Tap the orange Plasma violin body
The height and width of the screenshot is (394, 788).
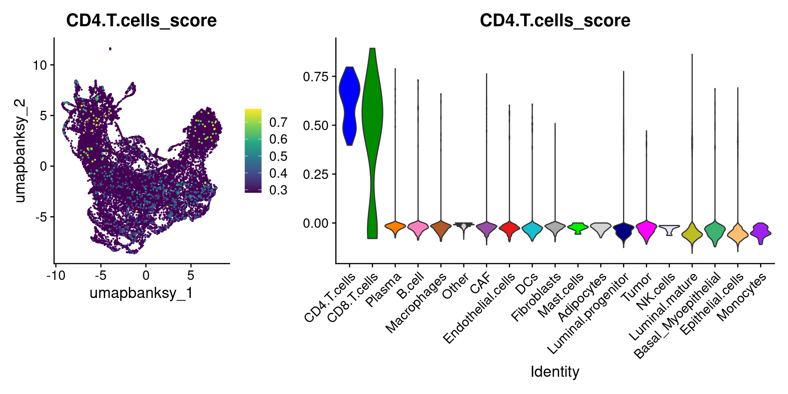click(395, 227)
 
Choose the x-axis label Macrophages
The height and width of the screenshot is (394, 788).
click(416, 303)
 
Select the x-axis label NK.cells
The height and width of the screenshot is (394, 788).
click(656, 291)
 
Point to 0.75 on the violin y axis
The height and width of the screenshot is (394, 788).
click(316, 77)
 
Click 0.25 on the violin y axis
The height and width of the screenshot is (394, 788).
click(316, 174)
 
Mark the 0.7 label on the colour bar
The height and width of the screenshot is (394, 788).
click(278, 122)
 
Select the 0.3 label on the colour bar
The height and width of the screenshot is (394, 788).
click(278, 190)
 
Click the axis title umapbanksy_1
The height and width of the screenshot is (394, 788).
click(141, 293)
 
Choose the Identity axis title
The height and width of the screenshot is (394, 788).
click(555, 372)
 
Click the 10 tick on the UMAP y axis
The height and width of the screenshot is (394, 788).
click(41, 65)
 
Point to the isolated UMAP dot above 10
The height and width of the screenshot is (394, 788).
click(110, 49)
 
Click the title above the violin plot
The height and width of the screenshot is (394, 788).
click(555, 21)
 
